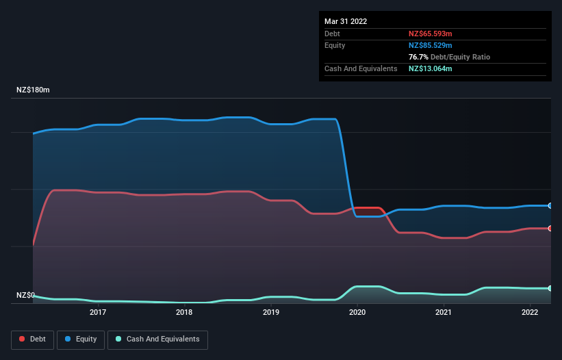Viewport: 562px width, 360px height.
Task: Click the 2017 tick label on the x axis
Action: [98, 313]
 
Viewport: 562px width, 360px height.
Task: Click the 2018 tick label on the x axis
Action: [184, 313]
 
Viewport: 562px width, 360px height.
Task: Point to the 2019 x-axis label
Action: [271, 313]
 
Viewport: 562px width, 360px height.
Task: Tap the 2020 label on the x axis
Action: [357, 313]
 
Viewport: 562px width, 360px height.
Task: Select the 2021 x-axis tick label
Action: [444, 313]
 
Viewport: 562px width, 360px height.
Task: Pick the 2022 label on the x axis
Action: [530, 313]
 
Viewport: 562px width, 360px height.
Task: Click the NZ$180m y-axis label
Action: [33, 90]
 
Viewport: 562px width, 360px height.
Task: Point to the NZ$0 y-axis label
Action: [25, 296]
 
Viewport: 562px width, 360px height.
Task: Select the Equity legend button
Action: [81, 339]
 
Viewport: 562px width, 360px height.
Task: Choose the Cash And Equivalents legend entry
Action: [157, 339]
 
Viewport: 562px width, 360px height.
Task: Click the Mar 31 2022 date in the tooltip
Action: [346, 21]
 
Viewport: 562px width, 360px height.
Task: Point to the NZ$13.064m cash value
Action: [431, 68]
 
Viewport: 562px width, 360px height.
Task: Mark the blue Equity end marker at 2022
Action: [550, 205]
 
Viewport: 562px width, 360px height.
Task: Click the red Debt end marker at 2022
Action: [550, 229]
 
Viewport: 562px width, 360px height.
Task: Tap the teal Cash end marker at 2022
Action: [550, 288]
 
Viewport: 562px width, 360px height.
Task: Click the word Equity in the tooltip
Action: [335, 45]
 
